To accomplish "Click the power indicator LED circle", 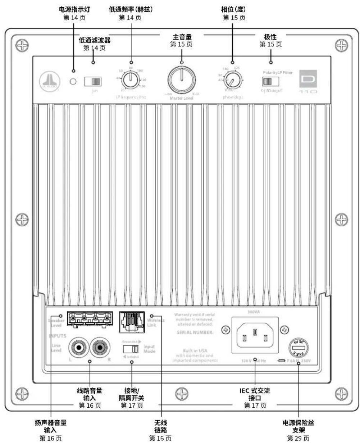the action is pyautogui.click(x=73, y=82).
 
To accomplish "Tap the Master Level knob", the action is pyautogui.click(x=182, y=80).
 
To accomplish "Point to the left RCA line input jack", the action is pyautogui.click(x=78, y=348).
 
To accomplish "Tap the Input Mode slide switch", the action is pyautogui.click(x=131, y=349).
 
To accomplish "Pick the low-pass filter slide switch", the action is pyautogui.click(x=93, y=81).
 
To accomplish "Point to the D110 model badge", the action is pyautogui.click(x=309, y=82).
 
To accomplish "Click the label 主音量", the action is pyautogui.click(x=182, y=37).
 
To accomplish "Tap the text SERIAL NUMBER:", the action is pyautogui.click(x=195, y=332).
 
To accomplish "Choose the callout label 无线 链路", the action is pyautogui.click(x=160, y=426).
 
